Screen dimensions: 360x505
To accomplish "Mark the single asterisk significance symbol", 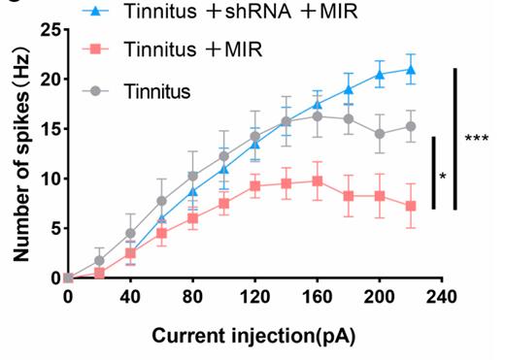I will pos(443,177).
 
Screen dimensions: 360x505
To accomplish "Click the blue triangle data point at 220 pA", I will pos(412,69).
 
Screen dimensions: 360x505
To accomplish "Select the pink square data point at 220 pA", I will pos(412,206).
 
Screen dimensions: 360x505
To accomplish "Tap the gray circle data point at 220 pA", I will pos(412,126).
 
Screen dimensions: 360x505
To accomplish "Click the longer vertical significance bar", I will pos(455,139).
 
